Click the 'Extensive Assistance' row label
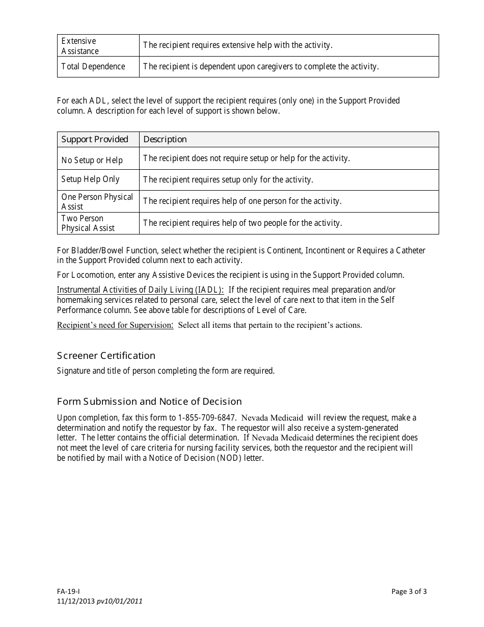click(x=80, y=46)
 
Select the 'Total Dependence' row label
click(x=93, y=67)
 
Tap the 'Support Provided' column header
click(x=95, y=140)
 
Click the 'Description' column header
click(x=165, y=140)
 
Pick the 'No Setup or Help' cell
click(x=92, y=160)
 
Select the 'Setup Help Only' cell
click(x=90, y=179)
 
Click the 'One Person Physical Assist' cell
click(x=97, y=201)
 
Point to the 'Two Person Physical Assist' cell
click(x=88, y=223)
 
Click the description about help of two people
click(x=243, y=223)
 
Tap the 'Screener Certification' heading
click(x=106, y=355)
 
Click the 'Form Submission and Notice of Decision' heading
click(x=149, y=401)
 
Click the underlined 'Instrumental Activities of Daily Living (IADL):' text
click(x=140, y=290)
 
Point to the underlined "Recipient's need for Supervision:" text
click(x=115, y=325)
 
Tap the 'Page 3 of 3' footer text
click(x=409, y=592)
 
